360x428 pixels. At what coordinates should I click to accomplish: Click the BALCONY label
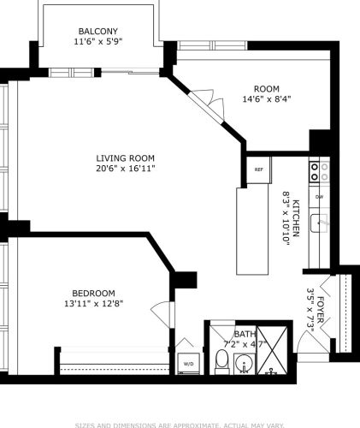(x=97, y=31)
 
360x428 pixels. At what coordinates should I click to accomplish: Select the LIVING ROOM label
(x=125, y=158)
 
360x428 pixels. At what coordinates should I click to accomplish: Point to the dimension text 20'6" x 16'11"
(x=125, y=169)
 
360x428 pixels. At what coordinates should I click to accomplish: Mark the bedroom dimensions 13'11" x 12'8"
(x=88, y=303)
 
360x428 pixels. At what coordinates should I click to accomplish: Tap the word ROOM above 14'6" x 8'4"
(x=266, y=88)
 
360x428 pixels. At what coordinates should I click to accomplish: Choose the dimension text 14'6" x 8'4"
(x=266, y=98)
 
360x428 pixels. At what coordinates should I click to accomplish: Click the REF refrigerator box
(x=258, y=169)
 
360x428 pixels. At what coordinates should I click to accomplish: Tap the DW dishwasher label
(x=319, y=197)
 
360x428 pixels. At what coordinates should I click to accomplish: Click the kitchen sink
(x=319, y=223)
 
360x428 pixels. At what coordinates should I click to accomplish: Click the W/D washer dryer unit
(x=188, y=363)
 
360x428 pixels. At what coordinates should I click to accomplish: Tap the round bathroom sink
(x=245, y=366)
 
